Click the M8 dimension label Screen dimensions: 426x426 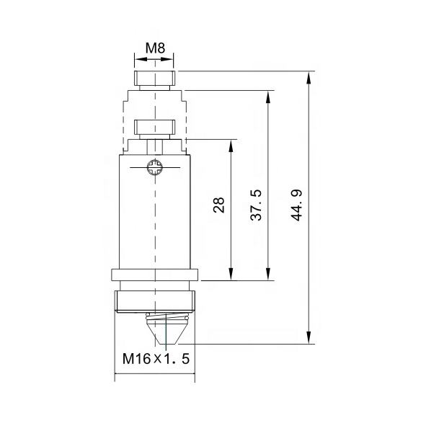pyautogui.click(x=155, y=48)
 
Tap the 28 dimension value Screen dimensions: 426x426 pyautogui.click(x=219, y=205)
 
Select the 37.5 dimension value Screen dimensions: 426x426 pyautogui.click(x=256, y=205)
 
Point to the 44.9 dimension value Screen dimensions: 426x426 pyautogui.click(x=296, y=205)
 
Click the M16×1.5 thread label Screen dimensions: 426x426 pyautogui.click(x=156, y=359)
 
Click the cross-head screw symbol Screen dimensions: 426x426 pyautogui.click(x=155, y=167)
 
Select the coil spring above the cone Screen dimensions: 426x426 pyautogui.click(x=167, y=316)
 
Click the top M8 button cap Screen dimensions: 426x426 pyautogui.click(x=154, y=78)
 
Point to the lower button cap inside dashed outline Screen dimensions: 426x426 pyautogui.click(x=154, y=128)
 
